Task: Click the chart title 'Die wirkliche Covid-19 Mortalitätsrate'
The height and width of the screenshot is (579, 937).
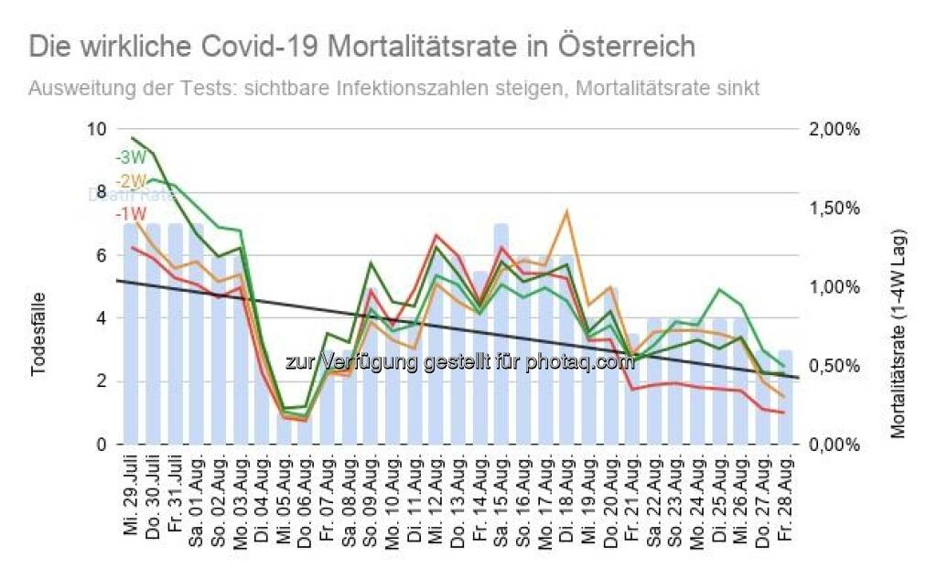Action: (361, 47)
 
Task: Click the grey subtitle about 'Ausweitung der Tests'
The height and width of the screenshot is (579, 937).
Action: (393, 89)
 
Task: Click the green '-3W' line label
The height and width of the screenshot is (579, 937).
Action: (130, 157)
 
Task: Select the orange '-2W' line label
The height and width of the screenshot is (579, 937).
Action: (130, 180)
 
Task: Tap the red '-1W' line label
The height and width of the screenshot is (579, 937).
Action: (130, 213)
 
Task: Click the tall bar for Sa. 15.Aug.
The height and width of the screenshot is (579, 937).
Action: (501, 348)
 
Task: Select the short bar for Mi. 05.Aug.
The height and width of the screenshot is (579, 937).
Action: (284, 426)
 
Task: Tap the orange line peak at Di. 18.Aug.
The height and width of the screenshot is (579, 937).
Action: (566, 212)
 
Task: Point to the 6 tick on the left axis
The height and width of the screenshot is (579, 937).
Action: (102, 255)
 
